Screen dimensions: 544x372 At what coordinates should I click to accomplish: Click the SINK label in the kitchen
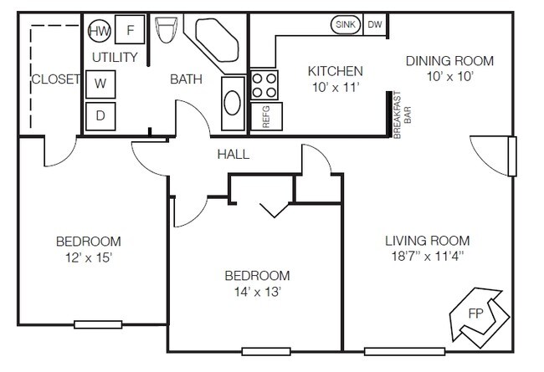[x=346, y=24]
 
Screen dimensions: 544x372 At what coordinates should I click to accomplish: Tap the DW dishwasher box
[x=375, y=24]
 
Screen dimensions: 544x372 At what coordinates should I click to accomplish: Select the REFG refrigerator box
[x=266, y=116]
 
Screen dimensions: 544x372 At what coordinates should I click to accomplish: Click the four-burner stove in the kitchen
[x=264, y=85]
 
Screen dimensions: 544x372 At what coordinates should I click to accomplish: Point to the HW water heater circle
[x=100, y=31]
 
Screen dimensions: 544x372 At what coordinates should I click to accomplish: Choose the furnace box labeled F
[x=130, y=29]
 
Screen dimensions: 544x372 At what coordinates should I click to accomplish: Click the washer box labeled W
[x=100, y=84]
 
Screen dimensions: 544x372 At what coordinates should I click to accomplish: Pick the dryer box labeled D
[x=100, y=116]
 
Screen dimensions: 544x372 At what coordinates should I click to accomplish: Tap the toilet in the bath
[x=167, y=29]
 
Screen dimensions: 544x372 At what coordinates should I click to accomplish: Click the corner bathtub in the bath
[x=216, y=42]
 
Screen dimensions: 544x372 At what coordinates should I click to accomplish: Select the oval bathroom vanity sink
[x=233, y=103]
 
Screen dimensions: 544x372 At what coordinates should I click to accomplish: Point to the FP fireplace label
[x=475, y=313]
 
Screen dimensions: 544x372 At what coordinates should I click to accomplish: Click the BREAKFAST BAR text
[x=402, y=115]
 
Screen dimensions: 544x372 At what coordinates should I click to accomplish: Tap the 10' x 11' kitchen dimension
[x=335, y=88]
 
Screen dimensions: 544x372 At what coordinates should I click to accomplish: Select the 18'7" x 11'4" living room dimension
[x=428, y=256]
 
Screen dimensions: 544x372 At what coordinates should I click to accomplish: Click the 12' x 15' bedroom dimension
[x=89, y=257]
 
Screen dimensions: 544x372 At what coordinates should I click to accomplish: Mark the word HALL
[x=234, y=155]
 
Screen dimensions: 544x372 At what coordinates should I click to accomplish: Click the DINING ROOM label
[x=449, y=61]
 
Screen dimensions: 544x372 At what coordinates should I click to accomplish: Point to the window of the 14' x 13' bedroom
[x=266, y=352]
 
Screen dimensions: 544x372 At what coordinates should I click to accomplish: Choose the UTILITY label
[x=115, y=57]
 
